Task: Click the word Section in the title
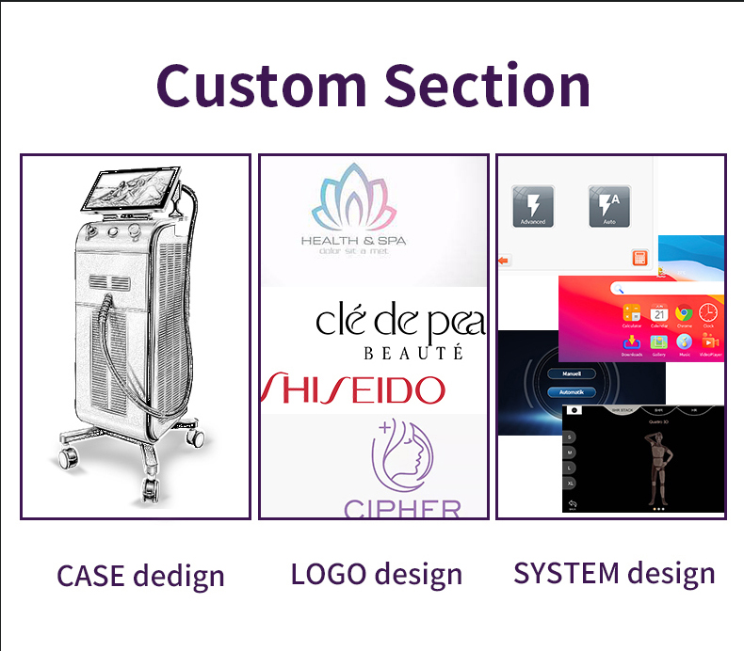pyautogui.click(x=487, y=85)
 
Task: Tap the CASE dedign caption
pyautogui.click(x=140, y=575)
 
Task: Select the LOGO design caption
pyautogui.click(x=376, y=573)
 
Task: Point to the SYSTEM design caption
pyautogui.click(x=614, y=572)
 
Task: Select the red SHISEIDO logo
pyautogui.click(x=353, y=389)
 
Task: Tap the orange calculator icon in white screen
pyautogui.click(x=639, y=258)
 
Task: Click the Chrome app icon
pyautogui.click(x=684, y=314)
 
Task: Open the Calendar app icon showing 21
pyautogui.click(x=658, y=314)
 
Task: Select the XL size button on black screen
pyautogui.click(x=570, y=482)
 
